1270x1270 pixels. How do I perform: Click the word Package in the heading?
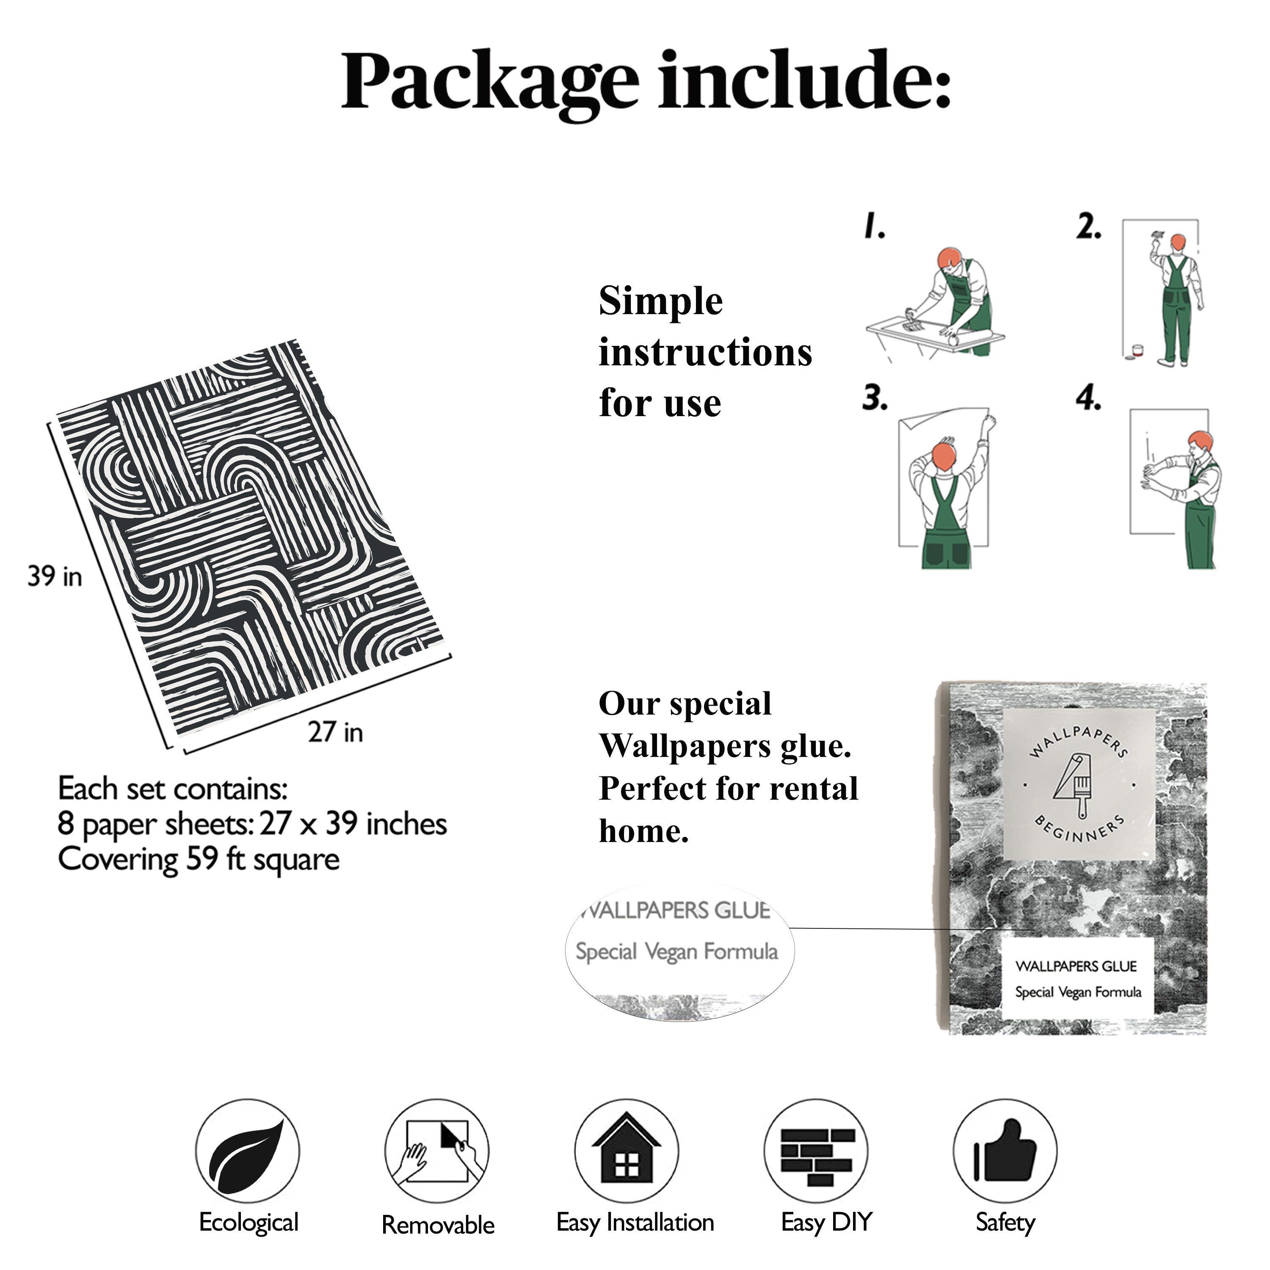click(x=490, y=83)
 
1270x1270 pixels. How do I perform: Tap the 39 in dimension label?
click(x=55, y=577)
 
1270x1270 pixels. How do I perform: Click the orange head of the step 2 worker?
click(x=1178, y=243)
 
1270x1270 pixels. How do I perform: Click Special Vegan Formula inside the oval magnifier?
click(x=676, y=952)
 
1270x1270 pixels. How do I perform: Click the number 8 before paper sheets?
click(x=66, y=824)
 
